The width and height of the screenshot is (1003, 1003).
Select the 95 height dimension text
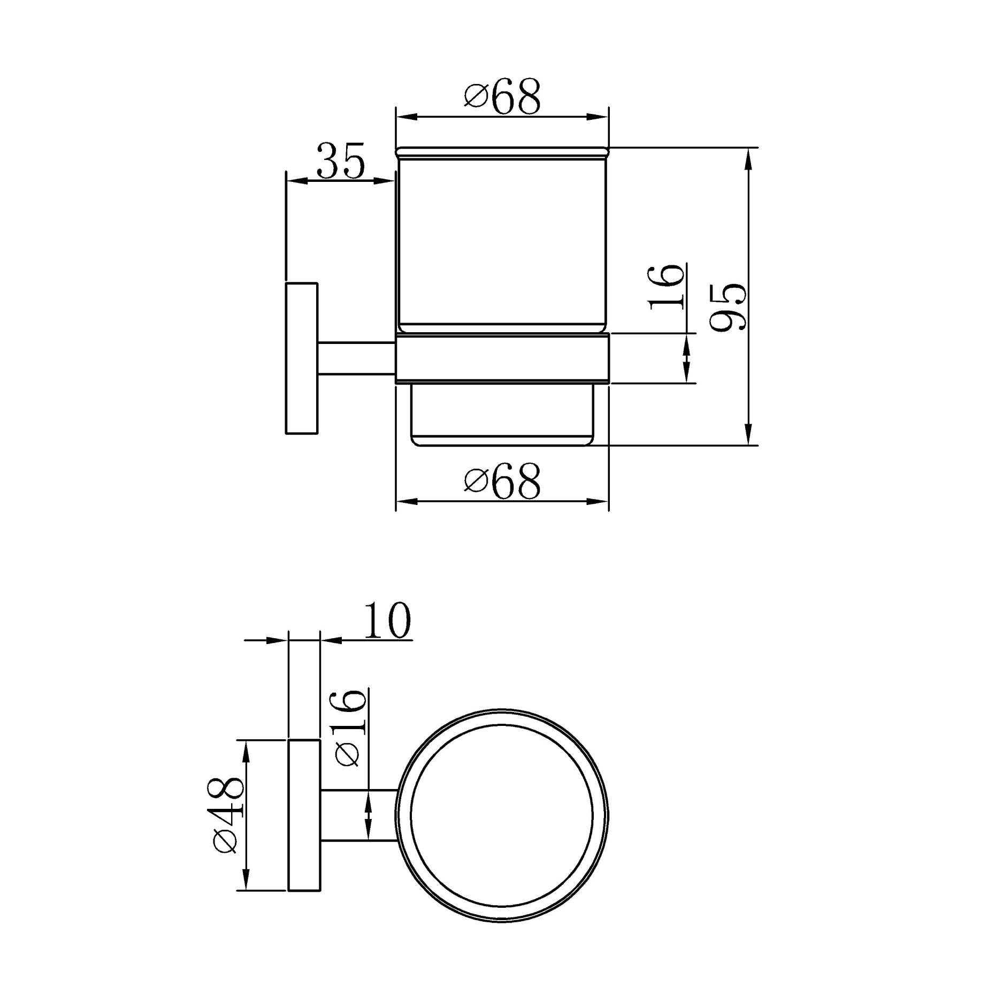pyautogui.click(x=728, y=307)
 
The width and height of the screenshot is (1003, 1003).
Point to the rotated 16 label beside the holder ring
pyautogui.click(x=667, y=287)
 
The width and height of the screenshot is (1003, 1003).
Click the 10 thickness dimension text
pyautogui.click(x=387, y=622)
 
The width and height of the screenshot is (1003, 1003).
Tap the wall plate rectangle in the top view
pyautogui.click(x=304, y=815)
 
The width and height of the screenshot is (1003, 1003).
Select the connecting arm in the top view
pyautogui.click(x=358, y=815)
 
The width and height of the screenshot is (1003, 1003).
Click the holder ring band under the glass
pyautogui.click(x=502, y=358)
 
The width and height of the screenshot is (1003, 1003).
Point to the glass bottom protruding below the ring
pyautogui.click(x=502, y=415)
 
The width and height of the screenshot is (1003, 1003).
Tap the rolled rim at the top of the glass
pyautogui.click(x=502, y=152)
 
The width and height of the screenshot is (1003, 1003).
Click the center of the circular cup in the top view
pyautogui.click(x=502, y=816)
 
